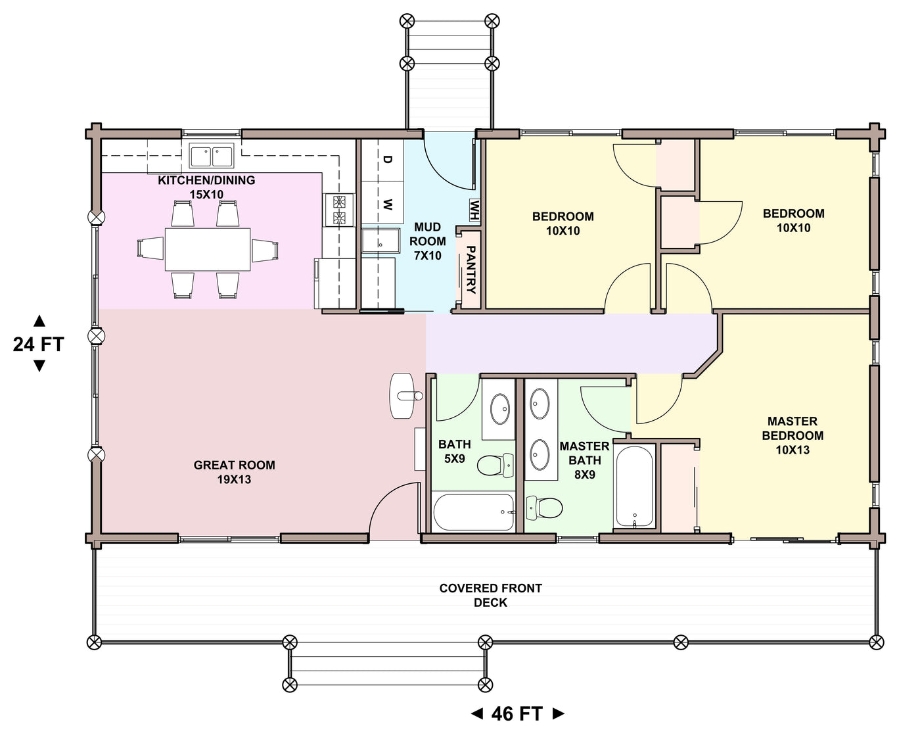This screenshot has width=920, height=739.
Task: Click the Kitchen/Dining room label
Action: pyautogui.click(x=206, y=187)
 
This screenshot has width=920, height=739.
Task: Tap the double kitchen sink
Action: pyautogui.click(x=212, y=156)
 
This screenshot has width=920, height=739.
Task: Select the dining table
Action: pyautogui.click(x=208, y=249)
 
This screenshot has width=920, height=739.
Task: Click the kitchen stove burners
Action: pyautogui.click(x=339, y=210)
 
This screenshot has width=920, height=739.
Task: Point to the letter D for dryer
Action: pyautogui.click(x=387, y=160)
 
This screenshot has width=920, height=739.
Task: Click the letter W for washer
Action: pyautogui.click(x=387, y=205)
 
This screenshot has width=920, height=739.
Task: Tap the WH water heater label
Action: pyautogui.click(x=475, y=210)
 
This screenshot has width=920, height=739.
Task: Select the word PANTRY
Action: pyautogui.click(x=471, y=270)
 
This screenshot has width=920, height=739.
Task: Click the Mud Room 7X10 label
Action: pyautogui.click(x=428, y=242)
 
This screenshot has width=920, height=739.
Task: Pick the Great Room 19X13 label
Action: pyautogui.click(x=235, y=472)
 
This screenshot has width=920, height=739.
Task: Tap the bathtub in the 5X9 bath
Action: pyautogui.click(x=474, y=512)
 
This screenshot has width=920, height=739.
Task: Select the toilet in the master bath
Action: pyautogui.click(x=544, y=508)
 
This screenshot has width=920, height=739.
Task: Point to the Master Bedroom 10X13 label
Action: pyautogui.click(x=793, y=436)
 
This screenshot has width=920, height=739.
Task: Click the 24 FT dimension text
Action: pyautogui.click(x=39, y=345)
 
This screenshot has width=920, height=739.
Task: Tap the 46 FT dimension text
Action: pyautogui.click(x=517, y=714)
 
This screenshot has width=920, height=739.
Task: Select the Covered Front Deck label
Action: pyautogui.click(x=491, y=595)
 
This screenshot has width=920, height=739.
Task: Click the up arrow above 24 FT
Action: pyautogui.click(x=39, y=321)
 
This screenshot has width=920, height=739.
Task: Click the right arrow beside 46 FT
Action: pyautogui.click(x=559, y=714)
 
